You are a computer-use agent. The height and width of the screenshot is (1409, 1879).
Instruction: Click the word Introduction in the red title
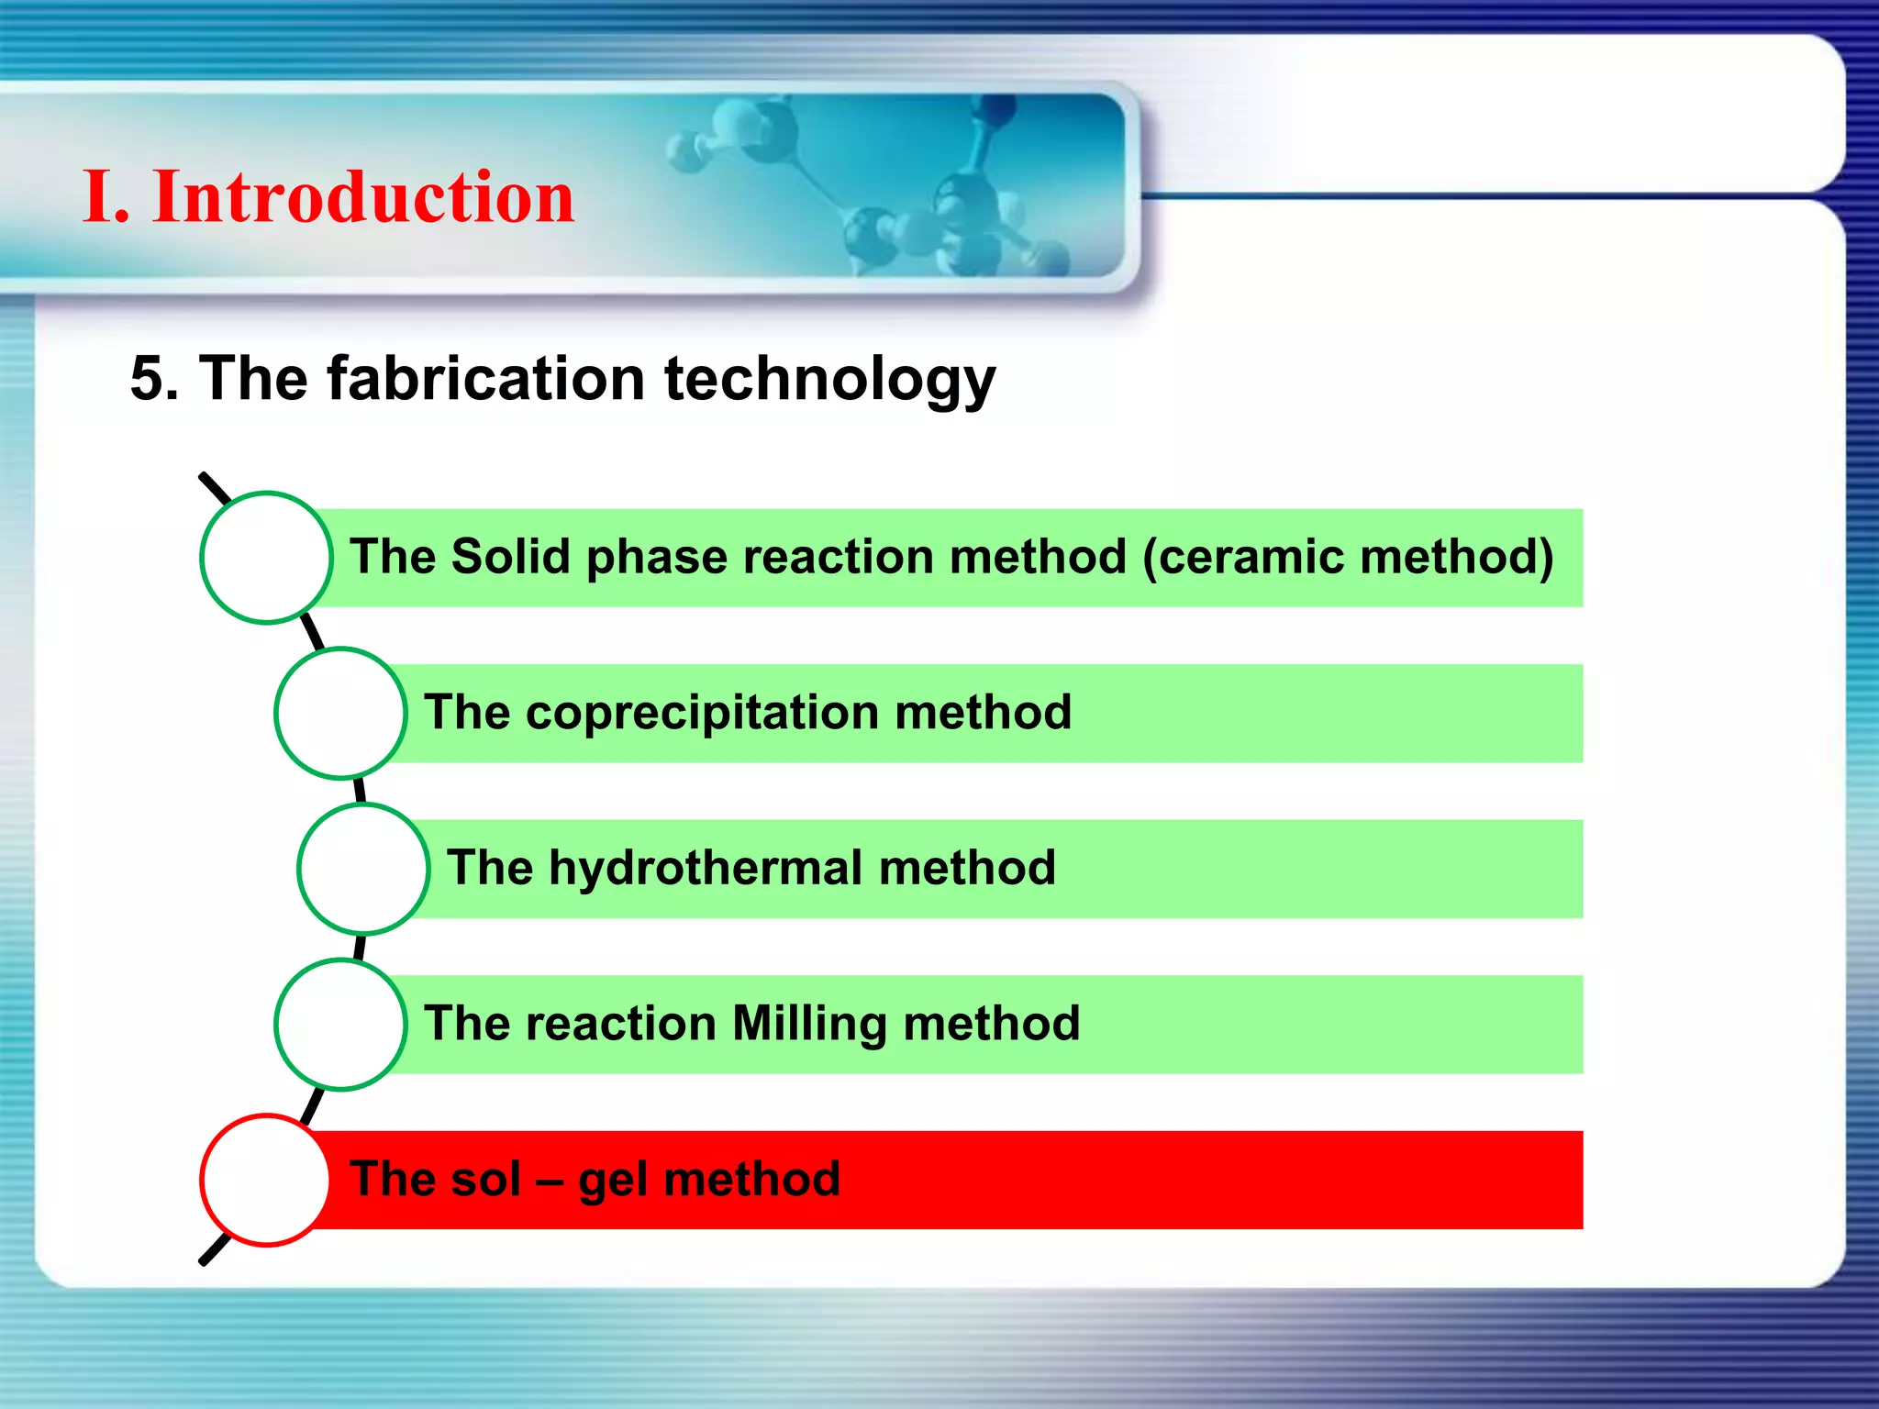coord(363,197)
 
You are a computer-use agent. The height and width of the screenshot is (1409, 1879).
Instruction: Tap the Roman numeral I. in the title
coord(105,197)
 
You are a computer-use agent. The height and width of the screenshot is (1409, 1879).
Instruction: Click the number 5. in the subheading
coord(153,378)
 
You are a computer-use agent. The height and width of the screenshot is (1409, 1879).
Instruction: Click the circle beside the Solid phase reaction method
coord(266,558)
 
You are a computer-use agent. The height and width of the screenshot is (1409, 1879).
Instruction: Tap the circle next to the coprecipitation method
coord(340,713)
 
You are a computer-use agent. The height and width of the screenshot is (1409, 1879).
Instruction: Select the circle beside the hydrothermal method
coord(363,869)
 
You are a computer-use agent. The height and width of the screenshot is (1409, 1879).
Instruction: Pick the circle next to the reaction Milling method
coord(340,1024)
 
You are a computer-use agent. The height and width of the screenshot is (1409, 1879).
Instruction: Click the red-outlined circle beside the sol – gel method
coord(265,1180)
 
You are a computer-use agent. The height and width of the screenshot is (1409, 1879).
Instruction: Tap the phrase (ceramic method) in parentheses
coord(1348,557)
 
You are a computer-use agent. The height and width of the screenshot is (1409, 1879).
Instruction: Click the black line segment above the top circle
coord(215,488)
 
